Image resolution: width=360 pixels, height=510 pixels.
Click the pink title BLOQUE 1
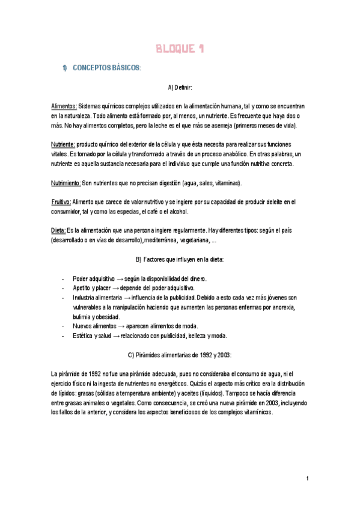[180, 49]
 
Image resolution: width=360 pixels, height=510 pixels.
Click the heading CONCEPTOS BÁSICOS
[106, 68]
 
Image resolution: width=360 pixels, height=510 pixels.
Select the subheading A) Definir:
[180, 88]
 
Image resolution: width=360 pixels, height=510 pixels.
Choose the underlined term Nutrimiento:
[66, 183]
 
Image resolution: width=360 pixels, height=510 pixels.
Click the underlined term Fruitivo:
[61, 202]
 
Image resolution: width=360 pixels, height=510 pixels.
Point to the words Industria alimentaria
[98, 298]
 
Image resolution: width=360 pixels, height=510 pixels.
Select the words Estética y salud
[91, 336]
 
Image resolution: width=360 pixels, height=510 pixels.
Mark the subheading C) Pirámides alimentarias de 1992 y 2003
[180, 355]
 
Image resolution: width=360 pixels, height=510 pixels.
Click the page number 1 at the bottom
[307, 478]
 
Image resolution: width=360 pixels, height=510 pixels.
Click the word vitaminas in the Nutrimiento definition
[225, 183]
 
